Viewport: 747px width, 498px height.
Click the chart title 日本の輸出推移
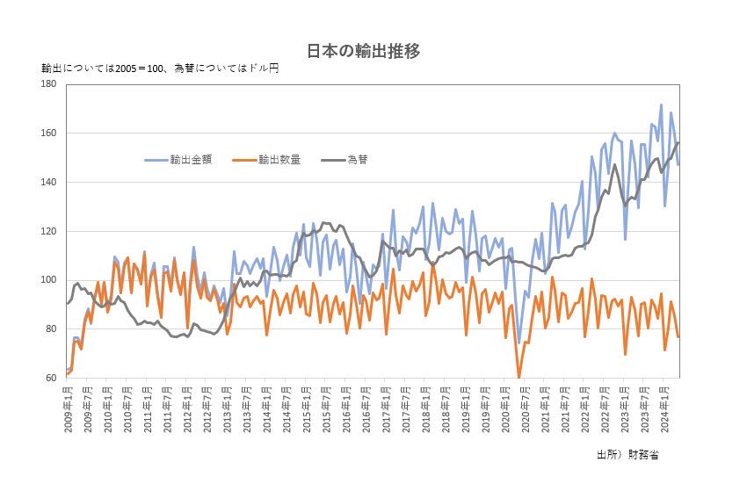point(363,51)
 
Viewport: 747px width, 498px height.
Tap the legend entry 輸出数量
point(279,159)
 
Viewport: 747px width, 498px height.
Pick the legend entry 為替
point(357,159)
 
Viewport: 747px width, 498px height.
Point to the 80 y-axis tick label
point(51,329)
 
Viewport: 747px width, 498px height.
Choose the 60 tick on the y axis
point(51,379)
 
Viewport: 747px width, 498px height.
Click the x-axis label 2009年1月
point(68,406)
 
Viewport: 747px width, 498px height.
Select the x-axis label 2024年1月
point(661,406)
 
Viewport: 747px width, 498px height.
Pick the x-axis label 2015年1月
point(306,406)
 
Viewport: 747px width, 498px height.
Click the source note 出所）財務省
point(627,456)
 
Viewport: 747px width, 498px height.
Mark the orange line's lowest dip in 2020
point(519,377)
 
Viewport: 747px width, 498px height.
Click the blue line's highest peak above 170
point(661,105)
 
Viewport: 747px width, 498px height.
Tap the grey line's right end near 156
point(678,143)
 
